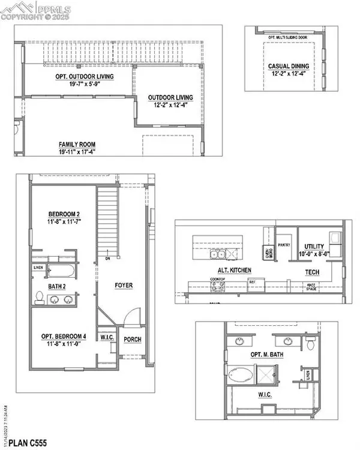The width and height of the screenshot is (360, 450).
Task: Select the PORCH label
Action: [x=132, y=339]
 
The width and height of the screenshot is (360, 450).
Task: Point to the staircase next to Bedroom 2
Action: [x=108, y=225]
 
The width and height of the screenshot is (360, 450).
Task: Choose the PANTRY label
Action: [x=284, y=244]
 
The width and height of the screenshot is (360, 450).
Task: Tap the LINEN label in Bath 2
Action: [x=38, y=268]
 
